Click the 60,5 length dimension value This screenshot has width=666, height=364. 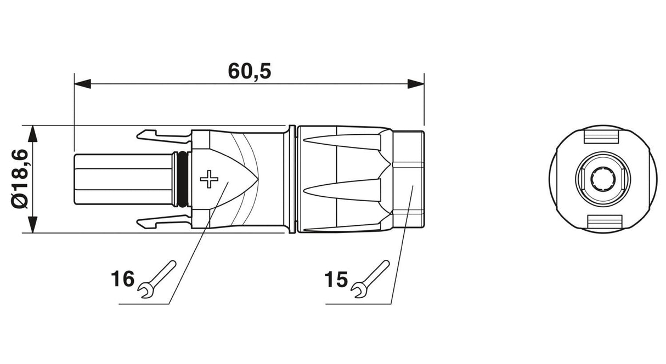250,72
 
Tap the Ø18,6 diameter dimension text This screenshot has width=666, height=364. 20,179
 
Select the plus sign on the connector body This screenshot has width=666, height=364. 209,179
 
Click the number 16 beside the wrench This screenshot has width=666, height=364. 122,278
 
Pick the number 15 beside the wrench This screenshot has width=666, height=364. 336,279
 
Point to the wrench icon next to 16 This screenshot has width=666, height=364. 157,279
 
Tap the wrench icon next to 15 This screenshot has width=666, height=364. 370,279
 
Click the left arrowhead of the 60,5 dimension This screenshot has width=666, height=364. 82,84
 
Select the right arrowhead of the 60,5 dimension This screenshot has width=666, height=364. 416,84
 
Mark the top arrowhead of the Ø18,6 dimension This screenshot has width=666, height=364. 33,134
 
